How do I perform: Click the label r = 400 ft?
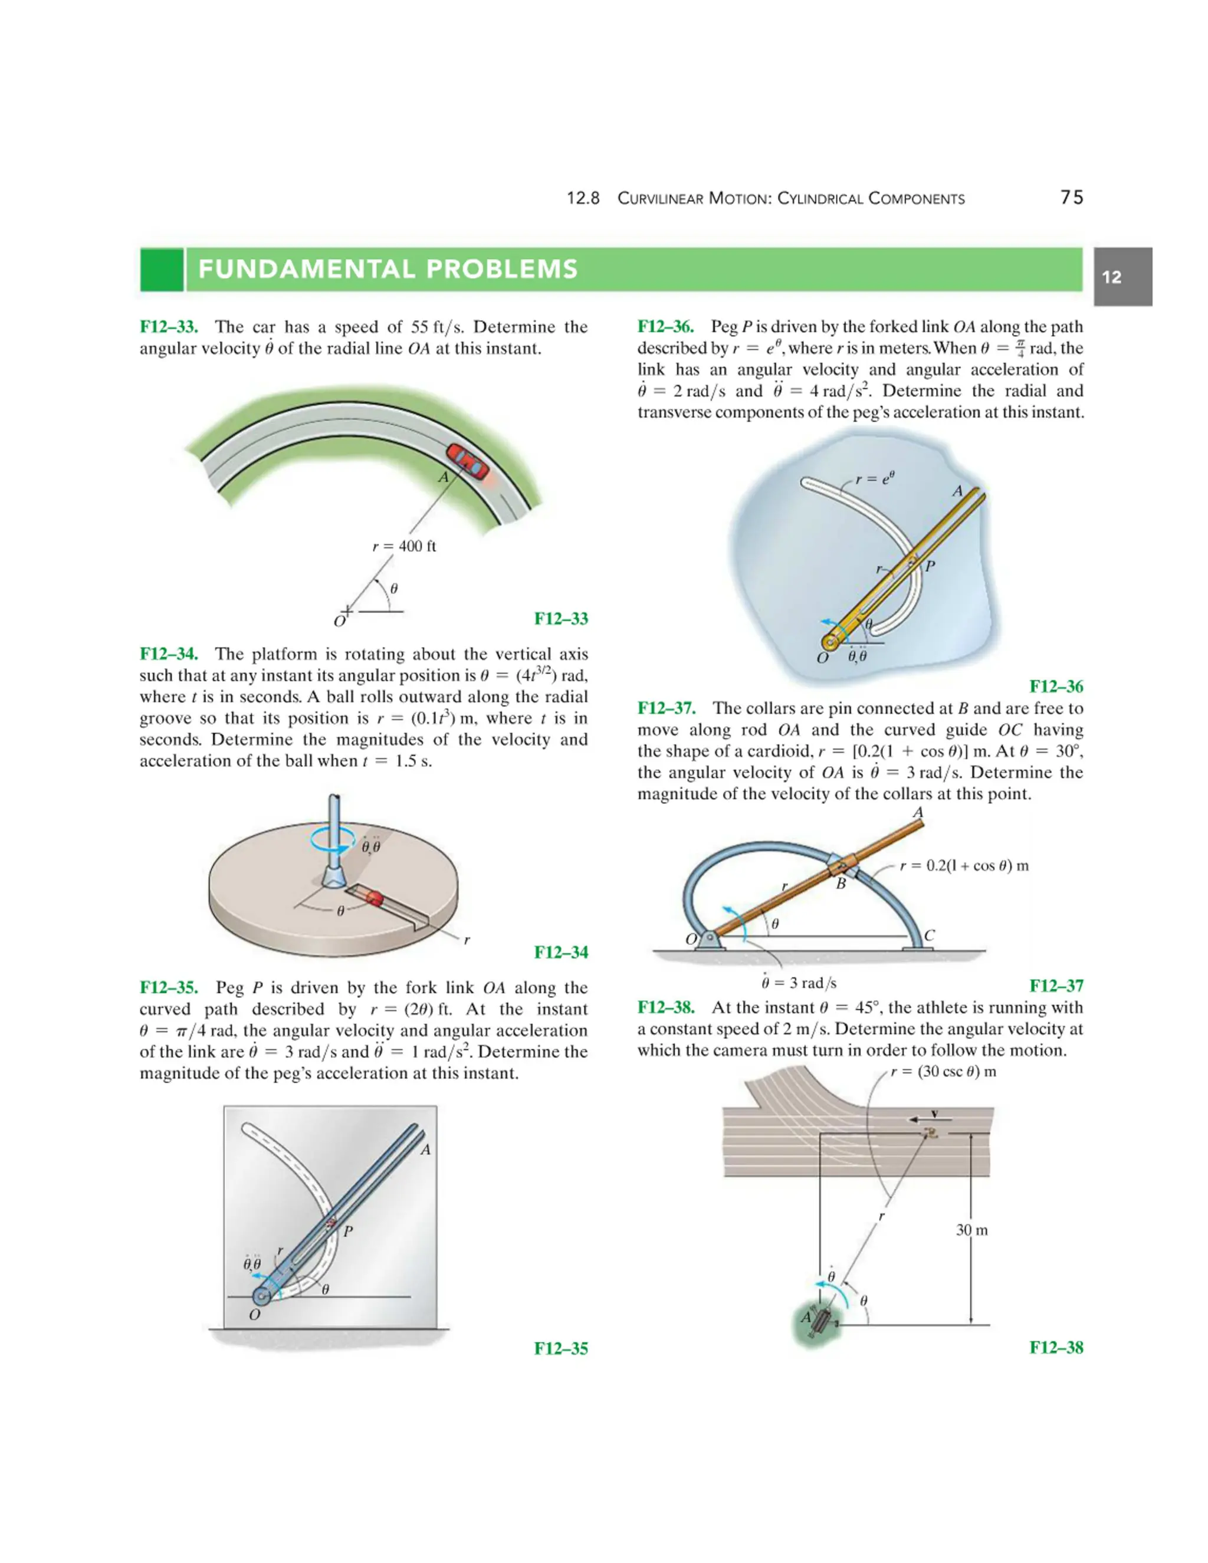[x=404, y=546]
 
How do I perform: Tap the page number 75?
[x=1071, y=198]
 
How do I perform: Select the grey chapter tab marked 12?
[x=1122, y=277]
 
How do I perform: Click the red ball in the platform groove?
[x=375, y=898]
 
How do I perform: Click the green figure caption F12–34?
[x=561, y=952]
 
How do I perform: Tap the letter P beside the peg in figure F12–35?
[x=348, y=1232]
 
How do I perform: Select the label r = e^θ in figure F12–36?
[x=875, y=478]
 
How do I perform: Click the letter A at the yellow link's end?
[x=957, y=491]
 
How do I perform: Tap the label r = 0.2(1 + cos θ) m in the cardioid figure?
[x=964, y=866]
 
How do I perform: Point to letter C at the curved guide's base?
[x=929, y=935]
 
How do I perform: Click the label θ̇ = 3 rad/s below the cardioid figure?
[x=799, y=983]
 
